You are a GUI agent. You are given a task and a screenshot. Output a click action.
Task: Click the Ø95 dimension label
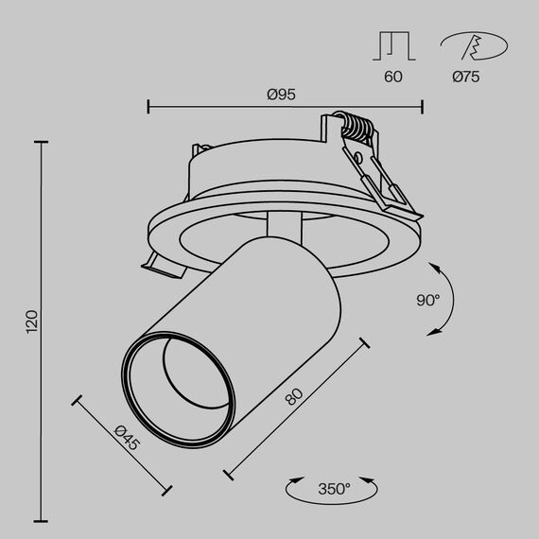coord(283,94)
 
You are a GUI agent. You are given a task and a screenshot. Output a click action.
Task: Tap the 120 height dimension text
coord(31,322)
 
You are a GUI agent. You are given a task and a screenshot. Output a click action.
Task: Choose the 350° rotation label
coord(334,489)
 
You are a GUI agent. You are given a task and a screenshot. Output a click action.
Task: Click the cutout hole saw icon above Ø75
coord(472,45)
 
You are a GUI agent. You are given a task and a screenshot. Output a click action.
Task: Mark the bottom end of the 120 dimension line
coord(41,519)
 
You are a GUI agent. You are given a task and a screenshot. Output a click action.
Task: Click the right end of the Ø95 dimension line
coord(422,105)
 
